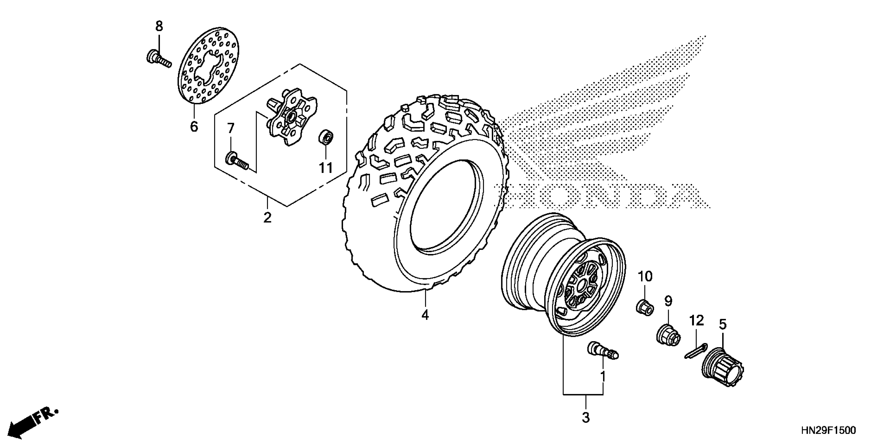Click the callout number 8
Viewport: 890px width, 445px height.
click(159, 26)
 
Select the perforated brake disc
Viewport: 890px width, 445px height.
click(210, 66)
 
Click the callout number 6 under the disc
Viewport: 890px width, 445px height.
click(194, 126)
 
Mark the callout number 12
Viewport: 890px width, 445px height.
click(697, 321)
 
